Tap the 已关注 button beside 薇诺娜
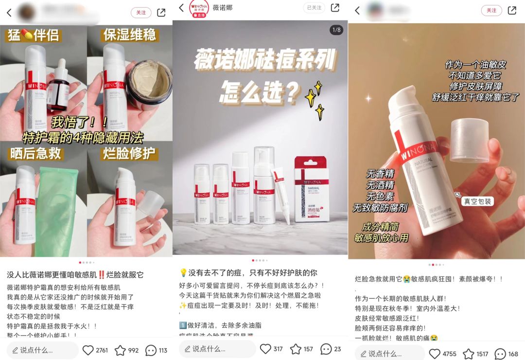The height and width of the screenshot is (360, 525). (x=314, y=8)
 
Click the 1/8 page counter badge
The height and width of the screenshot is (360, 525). (x=336, y=30)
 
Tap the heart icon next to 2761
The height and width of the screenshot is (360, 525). (x=88, y=350)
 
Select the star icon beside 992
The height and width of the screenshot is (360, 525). (x=120, y=350)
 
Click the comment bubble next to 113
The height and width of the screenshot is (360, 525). (x=151, y=350)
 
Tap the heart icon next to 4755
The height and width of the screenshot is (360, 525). (x=435, y=354)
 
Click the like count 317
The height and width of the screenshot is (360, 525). (x=278, y=349)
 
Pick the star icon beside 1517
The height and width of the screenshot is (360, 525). (x=469, y=354)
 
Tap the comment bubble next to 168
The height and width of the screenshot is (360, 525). (x=500, y=354)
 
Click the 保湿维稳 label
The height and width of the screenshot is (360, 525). (x=129, y=35)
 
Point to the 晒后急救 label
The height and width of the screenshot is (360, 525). (x=36, y=154)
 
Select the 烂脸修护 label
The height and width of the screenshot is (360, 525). (x=129, y=154)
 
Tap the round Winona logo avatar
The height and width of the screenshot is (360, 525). (x=199, y=8)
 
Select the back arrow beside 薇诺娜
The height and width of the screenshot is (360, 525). (x=182, y=8)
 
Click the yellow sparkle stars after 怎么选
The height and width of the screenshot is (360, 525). (x=314, y=100)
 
